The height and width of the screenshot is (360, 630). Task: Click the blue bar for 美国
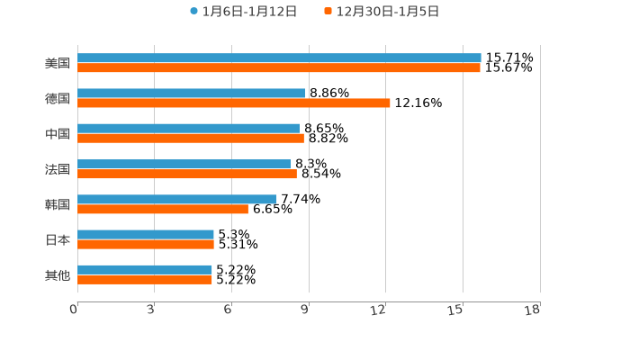coord(279,58)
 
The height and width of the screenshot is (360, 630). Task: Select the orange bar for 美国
coord(279,67)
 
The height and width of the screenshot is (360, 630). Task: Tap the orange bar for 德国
coord(234,103)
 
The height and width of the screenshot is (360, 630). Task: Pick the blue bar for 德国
coord(192,93)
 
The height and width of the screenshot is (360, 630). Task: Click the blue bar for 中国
coord(189,128)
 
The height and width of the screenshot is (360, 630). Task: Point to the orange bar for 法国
coord(187,174)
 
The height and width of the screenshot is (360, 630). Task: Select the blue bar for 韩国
coord(177,199)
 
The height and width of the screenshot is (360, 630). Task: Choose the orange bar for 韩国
coord(163,209)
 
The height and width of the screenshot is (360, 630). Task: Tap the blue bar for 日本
coord(146,234)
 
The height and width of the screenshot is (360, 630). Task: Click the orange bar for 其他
coord(145,279)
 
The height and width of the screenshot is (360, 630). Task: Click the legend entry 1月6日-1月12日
coord(243,12)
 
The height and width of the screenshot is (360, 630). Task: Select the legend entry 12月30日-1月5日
coord(381,12)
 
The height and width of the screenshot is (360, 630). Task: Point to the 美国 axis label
coord(58,63)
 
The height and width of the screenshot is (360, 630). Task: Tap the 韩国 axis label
coord(58,204)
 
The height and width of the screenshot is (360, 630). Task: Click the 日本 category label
coord(58,239)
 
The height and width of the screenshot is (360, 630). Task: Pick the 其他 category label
coord(58,274)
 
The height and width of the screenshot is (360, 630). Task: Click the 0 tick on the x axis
coord(75,310)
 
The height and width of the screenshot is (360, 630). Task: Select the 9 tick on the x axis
coord(306,310)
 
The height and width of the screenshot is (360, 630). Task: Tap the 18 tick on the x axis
coord(535,310)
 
